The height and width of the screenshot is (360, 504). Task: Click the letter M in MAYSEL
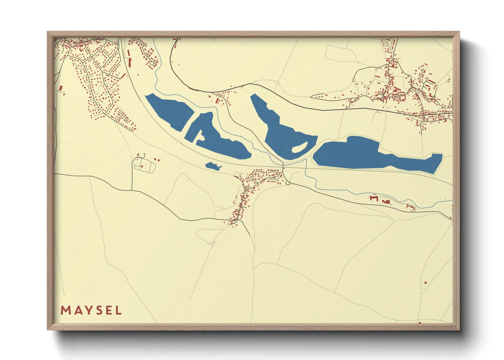(65, 310)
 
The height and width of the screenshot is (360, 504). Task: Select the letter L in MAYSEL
(119, 310)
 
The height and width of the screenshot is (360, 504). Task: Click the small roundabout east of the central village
(288, 183)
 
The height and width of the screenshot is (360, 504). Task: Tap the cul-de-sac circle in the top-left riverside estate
(152, 63)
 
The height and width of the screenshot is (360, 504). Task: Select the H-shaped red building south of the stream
(374, 198)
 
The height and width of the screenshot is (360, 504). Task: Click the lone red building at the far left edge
(61, 88)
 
